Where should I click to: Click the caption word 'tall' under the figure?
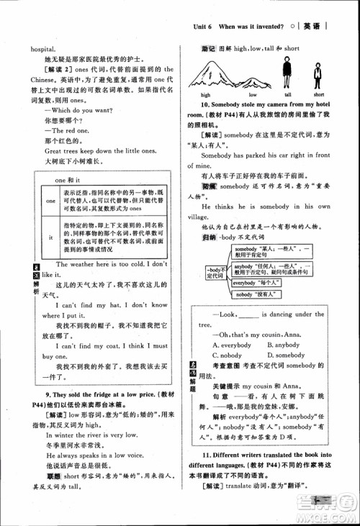tap(287, 95)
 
